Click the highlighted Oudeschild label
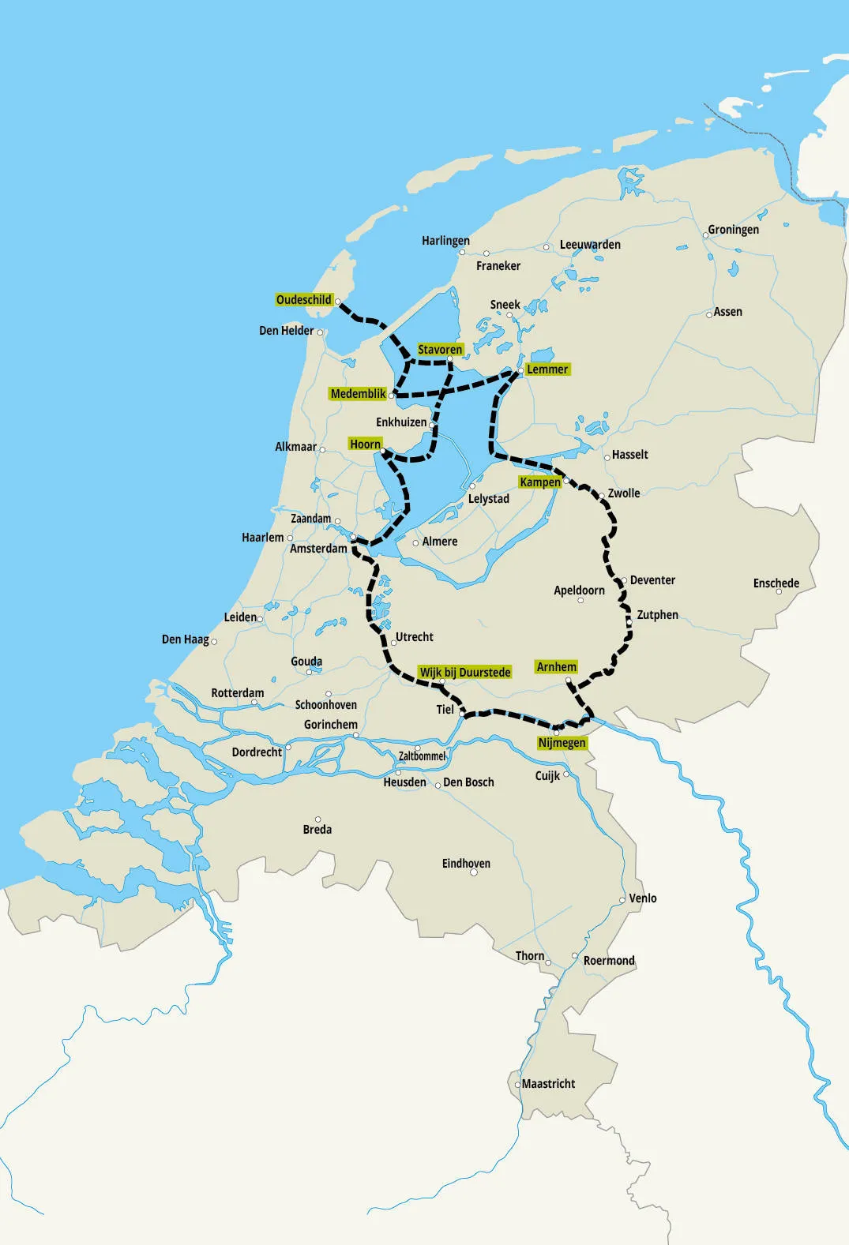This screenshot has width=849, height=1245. coord(304,300)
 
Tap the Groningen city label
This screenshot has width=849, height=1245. coord(733,230)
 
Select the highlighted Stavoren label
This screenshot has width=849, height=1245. coord(440,350)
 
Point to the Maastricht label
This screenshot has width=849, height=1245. coord(548,1084)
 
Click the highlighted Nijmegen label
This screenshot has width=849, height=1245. coord(562,743)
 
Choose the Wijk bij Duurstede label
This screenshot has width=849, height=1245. coord(465,673)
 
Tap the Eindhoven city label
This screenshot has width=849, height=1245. coord(466,864)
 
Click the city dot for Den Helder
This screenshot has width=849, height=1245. coord(320,332)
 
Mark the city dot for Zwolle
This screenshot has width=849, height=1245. coord(602,496)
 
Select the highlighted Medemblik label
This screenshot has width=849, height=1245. coord(359,394)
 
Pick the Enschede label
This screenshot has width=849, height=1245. coord(776,583)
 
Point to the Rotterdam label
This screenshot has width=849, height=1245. coord(238,693)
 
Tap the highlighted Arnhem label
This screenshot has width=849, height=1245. coord(557,667)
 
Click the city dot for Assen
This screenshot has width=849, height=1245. coord(709,314)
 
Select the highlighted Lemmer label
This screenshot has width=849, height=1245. coord(547,369)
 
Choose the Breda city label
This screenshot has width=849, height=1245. coord(317,830)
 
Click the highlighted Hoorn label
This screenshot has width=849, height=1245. coord(366,444)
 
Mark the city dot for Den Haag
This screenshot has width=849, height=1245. coord(214,642)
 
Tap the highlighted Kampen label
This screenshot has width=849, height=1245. coord(540,482)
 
